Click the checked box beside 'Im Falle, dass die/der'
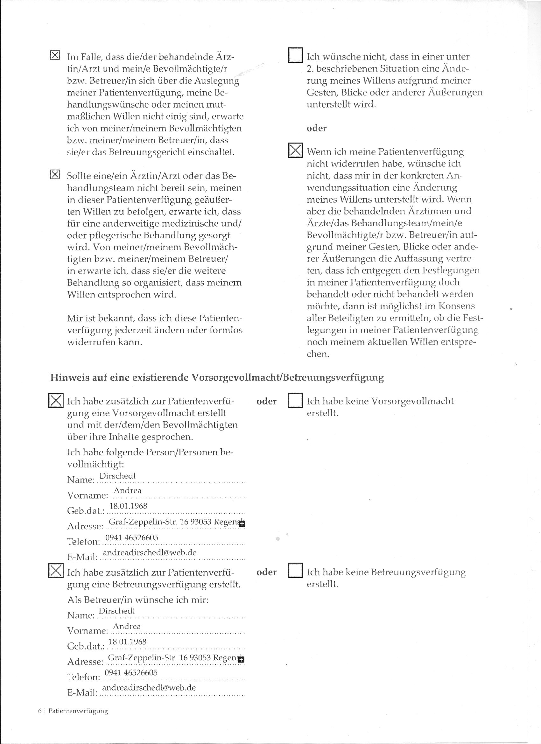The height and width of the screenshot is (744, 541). click(x=55, y=55)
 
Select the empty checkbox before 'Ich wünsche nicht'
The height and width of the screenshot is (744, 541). click(x=295, y=55)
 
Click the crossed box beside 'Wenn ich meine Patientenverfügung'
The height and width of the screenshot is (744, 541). click(x=295, y=150)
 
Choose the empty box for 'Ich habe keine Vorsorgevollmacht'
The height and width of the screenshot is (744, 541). click(x=295, y=400)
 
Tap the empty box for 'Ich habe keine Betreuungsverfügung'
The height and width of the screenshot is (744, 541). click(x=295, y=572)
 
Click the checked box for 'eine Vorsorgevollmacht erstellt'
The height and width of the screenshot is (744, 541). click(x=56, y=400)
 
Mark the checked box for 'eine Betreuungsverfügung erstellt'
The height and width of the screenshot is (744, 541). click(x=56, y=572)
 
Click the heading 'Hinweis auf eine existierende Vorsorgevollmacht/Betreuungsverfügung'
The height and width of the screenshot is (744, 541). click(x=217, y=378)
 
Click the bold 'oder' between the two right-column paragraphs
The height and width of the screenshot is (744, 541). click(x=317, y=128)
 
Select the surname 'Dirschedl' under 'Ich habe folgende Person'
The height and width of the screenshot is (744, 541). click(x=117, y=476)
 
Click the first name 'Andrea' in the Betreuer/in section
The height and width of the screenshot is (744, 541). click(x=127, y=626)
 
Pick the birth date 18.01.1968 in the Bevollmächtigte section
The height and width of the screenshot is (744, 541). click(x=128, y=506)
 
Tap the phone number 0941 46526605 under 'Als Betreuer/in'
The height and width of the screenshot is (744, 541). click(x=131, y=672)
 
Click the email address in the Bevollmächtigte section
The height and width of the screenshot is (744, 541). click(x=150, y=552)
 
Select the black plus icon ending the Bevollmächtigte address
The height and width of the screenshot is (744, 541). click(x=242, y=524)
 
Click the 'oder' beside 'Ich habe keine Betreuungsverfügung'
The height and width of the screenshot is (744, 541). click(x=266, y=572)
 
